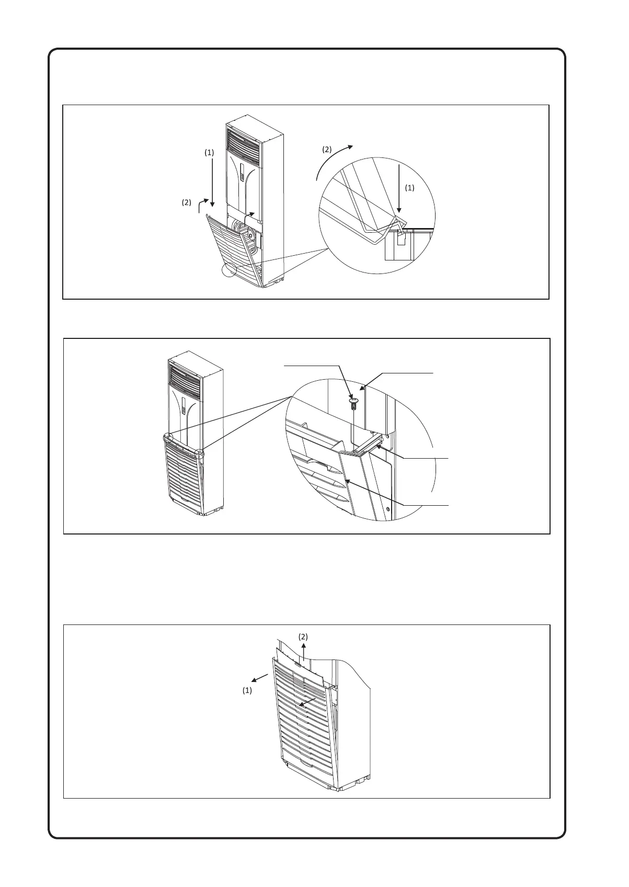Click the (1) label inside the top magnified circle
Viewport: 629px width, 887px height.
410,188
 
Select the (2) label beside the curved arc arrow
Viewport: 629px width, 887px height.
326,149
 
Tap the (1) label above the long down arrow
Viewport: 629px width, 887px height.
209,153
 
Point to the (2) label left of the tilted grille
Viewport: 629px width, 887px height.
187,202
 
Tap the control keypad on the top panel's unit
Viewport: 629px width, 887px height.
243,172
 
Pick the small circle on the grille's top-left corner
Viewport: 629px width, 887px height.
168,438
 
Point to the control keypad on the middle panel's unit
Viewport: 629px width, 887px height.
184,406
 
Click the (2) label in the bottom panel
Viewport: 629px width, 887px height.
303,636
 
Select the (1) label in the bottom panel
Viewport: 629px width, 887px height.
247,690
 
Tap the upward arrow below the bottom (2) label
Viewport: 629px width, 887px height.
304,654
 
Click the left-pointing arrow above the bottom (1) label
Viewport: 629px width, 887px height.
259,678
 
